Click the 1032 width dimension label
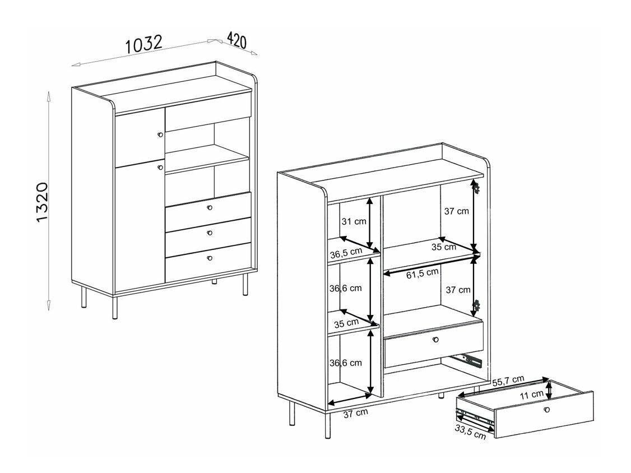144,44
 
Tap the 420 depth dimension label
237,40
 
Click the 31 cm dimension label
354,221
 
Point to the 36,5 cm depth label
346,253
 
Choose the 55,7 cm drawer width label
508,381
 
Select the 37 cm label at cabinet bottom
355,413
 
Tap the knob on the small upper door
160,135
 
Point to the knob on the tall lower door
160,167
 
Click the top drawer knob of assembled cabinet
210,208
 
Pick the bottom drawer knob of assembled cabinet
210,258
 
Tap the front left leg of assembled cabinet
115,305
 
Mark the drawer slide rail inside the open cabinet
467,357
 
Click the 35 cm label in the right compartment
443,247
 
